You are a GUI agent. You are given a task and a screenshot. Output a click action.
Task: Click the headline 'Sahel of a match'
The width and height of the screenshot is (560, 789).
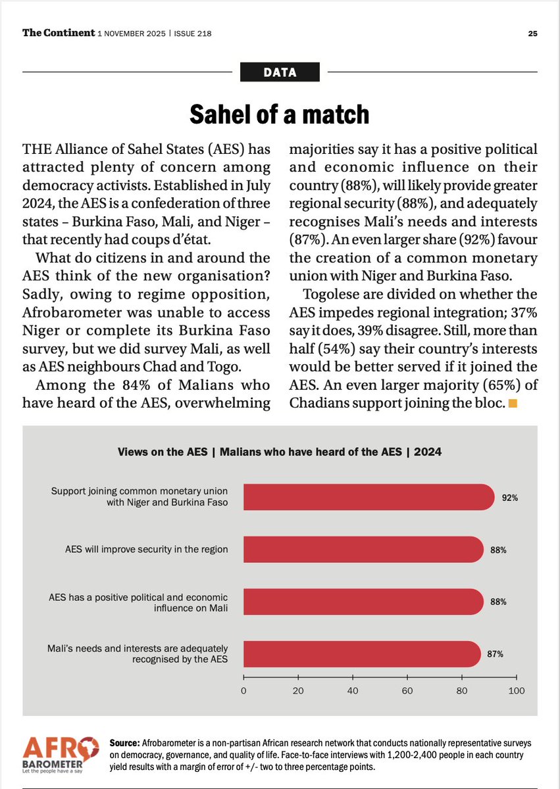(x=280, y=114)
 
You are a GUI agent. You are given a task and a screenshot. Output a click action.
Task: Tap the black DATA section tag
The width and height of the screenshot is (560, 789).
(x=280, y=72)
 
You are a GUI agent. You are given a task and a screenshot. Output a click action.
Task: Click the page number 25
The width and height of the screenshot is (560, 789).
(x=533, y=34)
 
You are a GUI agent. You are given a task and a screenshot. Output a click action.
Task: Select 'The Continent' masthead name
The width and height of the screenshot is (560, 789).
(x=59, y=33)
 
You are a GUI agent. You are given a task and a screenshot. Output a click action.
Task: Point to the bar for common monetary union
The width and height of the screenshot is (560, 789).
(x=369, y=497)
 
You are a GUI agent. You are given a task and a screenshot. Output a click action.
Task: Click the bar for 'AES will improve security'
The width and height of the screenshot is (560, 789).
(x=363, y=549)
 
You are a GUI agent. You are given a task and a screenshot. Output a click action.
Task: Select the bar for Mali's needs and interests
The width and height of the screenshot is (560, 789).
(x=362, y=654)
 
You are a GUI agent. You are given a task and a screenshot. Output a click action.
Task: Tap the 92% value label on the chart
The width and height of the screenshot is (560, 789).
(x=509, y=498)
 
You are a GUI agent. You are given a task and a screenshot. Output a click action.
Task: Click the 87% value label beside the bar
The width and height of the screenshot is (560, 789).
(x=496, y=654)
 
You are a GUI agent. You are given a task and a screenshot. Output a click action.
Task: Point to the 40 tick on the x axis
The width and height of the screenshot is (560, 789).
(x=353, y=690)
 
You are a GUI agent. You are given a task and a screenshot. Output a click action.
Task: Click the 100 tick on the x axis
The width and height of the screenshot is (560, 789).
(x=517, y=690)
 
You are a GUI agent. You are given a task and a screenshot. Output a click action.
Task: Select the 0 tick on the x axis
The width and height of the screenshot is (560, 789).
(x=243, y=690)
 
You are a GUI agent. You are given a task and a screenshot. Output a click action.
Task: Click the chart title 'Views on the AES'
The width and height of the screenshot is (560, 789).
(x=279, y=452)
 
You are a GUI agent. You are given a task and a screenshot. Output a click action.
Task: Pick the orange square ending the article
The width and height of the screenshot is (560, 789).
(x=513, y=403)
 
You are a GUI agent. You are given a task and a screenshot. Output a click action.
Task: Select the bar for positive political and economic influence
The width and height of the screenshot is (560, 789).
(x=363, y=602)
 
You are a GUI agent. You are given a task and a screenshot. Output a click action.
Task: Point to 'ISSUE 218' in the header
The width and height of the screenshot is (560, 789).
(x=193, y=34)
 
